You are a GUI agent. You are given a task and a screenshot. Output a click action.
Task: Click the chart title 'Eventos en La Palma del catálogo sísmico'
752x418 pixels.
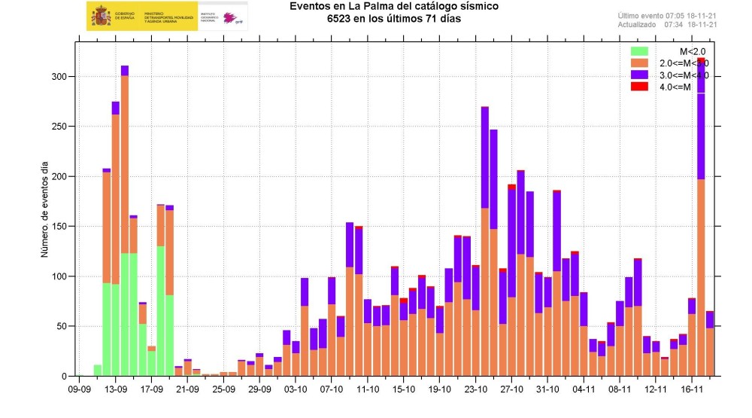(x=393, y=7)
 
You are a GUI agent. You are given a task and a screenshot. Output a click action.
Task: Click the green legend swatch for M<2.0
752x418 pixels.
(x=639, y=51)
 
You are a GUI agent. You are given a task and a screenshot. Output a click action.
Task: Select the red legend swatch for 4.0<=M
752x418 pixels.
(x=639, y=87)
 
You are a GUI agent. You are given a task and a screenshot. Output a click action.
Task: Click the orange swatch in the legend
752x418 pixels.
(x=639, y=63)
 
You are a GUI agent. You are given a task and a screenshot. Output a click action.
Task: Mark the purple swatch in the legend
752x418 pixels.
(x=639, y=75)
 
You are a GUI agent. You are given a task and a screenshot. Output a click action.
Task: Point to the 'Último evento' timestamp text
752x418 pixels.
(x=667, y=15)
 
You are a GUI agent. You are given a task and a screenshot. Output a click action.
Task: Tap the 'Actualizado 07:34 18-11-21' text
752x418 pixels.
(x=667, y=24)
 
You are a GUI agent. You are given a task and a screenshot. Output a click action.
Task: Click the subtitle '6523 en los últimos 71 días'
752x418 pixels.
(x=393, y=19)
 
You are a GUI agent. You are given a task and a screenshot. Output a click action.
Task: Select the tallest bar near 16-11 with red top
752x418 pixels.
(x=701, y=218)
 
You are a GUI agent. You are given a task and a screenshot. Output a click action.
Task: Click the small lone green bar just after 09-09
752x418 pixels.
(x=98, y=371)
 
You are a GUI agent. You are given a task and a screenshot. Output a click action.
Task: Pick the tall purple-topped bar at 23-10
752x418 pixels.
(x=485, y=241)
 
